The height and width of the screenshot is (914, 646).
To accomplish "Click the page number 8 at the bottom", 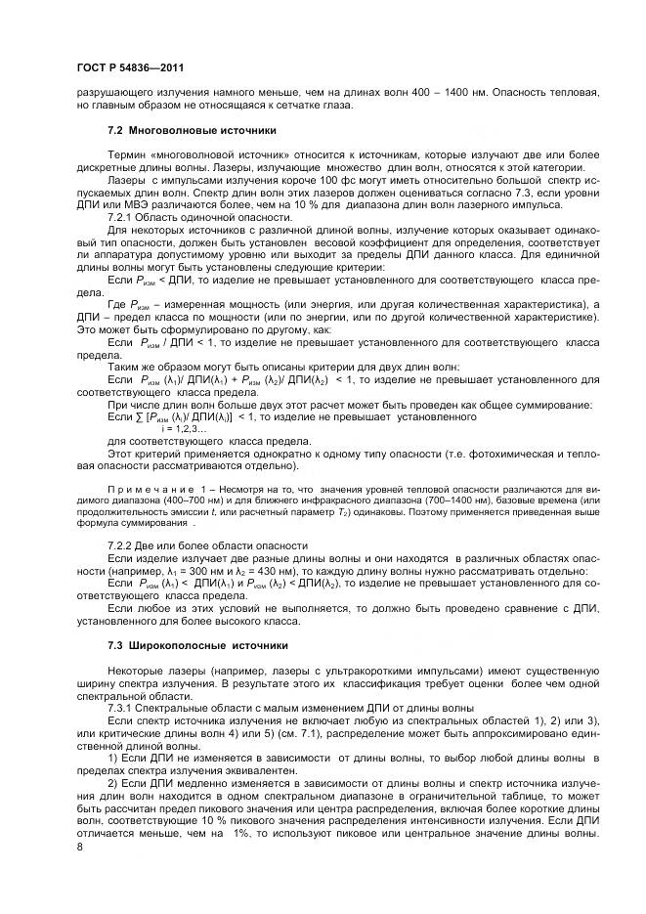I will tap(80, 846).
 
